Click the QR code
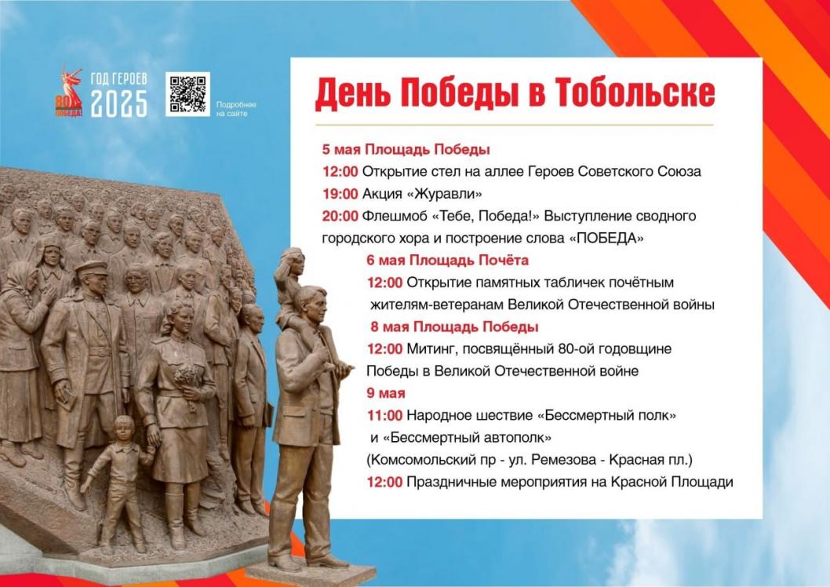tap(187, 93)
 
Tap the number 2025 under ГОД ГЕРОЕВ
tap(119, 104)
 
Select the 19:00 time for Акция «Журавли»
tap(340, 194)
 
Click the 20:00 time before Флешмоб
tap(340, 216)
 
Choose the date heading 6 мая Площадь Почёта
tap(448, 261)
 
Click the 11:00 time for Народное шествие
tap(385, 415)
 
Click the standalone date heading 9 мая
tap(386, 393)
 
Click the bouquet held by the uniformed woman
tap(188, 378)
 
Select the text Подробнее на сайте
tap(236, 109)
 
